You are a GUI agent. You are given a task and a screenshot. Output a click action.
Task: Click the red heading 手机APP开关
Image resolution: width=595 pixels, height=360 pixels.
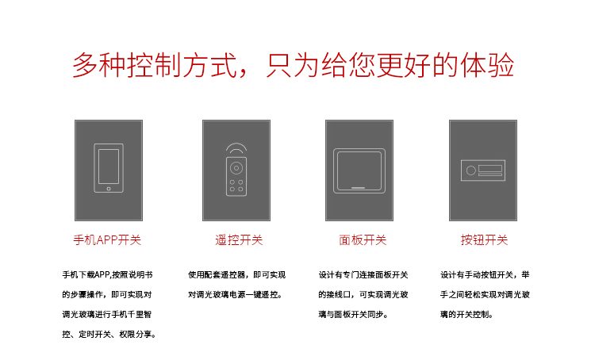[x=107, y=239]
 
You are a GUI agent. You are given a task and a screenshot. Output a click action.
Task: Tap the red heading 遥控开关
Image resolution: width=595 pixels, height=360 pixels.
[x=239, y=239]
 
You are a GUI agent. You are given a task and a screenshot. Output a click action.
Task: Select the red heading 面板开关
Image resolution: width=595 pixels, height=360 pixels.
[x=363, y=239]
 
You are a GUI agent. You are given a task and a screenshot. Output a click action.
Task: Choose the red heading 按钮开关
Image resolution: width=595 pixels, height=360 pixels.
[x=484, y=239]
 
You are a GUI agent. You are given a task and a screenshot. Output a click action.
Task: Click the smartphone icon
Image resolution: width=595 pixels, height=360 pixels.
[x=108, y=168]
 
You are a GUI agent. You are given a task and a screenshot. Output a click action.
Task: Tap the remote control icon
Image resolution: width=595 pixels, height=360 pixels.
[x=236, y=174]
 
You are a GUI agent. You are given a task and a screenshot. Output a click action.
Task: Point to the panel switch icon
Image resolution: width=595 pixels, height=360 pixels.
[x=359, y=170]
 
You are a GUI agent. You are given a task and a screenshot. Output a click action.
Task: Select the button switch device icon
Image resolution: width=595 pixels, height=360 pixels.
[x=483, y=170]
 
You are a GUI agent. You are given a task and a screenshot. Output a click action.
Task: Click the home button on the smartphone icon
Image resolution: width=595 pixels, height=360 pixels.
[x=108, y=189]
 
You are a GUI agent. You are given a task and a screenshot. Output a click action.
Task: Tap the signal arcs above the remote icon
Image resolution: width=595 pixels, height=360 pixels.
[x=236, y=148]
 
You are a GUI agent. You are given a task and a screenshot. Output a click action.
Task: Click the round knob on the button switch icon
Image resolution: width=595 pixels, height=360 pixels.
[x=470, y=170]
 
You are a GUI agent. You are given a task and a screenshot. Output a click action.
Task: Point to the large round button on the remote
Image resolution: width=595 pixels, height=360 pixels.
[x=236, y=167]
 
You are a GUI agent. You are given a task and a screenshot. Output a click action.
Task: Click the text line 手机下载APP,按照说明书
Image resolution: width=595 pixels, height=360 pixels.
[x=107, y=274]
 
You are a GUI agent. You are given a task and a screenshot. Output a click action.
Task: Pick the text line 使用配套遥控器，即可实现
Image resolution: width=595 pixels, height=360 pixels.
[x=237, y=274]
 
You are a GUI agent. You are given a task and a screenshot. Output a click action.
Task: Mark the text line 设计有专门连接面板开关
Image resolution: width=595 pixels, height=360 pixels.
[x=363, y=274]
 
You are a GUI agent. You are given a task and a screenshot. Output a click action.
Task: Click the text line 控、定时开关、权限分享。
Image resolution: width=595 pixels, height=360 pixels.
[x=109, y=334]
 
